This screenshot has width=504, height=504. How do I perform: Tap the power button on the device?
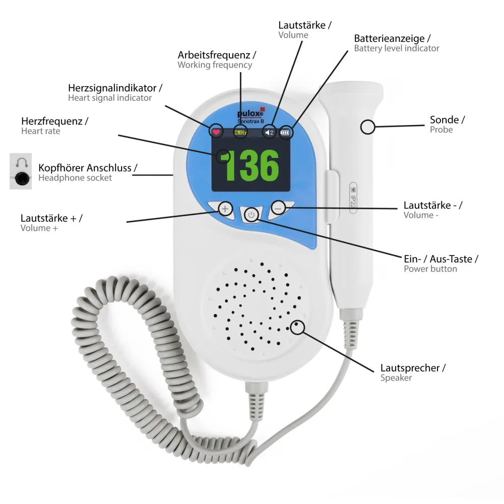251,215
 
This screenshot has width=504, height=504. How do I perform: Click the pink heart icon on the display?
216,132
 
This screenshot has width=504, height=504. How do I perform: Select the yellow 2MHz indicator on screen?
240,133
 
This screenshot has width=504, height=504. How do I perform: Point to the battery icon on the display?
285,133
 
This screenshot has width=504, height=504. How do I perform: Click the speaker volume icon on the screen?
269,133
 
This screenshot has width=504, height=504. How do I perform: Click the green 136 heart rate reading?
251,165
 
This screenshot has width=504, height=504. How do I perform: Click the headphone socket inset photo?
21,171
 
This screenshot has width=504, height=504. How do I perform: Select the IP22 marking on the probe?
353,198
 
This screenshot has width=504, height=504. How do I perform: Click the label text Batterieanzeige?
389,38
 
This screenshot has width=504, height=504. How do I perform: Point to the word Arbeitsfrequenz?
214,55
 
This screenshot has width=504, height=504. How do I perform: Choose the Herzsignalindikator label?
112,88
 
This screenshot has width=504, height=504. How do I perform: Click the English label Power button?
430,269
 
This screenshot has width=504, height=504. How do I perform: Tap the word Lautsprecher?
410,368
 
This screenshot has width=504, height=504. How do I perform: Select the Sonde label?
444,119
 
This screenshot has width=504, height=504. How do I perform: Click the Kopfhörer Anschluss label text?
85,168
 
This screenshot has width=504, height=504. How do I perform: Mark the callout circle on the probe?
368,127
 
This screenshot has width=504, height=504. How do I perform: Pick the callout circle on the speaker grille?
297,327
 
